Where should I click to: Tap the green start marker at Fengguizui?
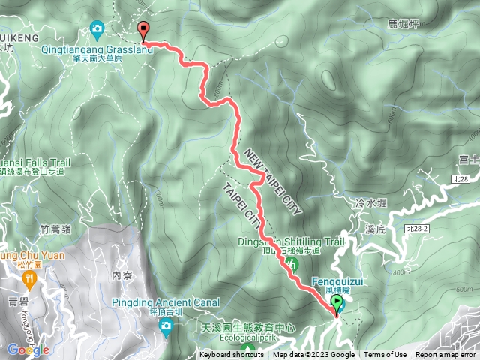337,304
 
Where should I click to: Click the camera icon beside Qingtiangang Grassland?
97,30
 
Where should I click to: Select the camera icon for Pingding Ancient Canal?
166,325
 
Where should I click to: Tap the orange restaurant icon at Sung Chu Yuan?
30,280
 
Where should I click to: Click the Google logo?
28,349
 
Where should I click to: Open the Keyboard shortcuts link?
231,355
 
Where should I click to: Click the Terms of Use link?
385,355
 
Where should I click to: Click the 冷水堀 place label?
370,202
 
